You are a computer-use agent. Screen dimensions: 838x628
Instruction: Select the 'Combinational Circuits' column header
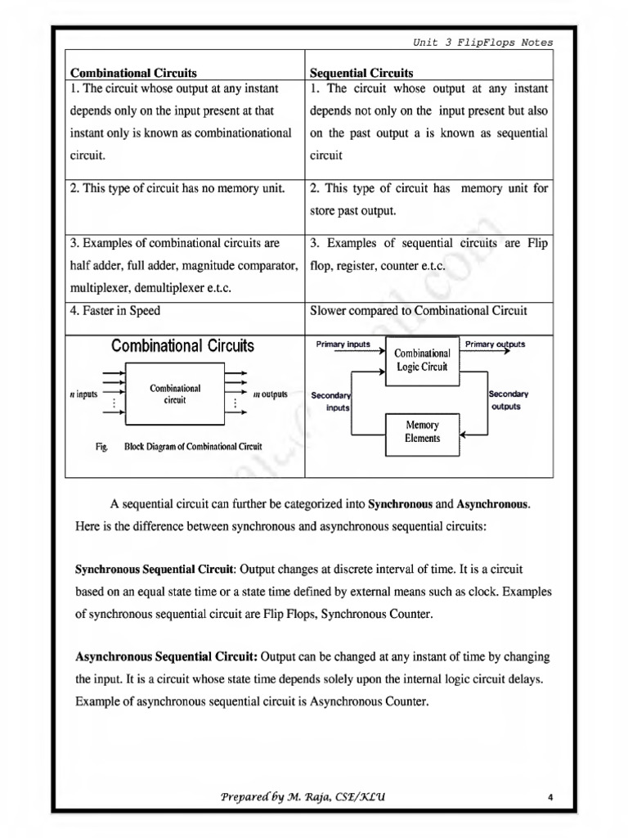click(133, 73)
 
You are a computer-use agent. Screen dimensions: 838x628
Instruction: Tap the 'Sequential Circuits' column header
click(361, 73)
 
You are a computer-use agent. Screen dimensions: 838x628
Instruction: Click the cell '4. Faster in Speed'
click(115, 310)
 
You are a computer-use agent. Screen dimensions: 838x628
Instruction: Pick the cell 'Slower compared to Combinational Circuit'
click(419, 310)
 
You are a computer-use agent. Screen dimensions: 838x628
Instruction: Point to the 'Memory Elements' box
click(422, 431)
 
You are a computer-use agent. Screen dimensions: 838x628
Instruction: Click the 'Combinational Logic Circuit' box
click(422, 360)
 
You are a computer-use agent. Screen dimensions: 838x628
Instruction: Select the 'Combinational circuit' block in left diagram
click(175, 394)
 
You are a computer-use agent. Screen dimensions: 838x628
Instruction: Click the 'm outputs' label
click(270, 394)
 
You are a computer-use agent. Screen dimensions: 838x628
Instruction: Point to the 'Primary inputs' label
click(343, 345)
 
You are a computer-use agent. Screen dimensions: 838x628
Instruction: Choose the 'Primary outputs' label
click(495, 345)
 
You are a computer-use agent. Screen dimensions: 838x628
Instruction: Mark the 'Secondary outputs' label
click(508, 400)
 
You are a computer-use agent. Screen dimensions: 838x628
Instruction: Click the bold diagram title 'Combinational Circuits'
click(182, 346)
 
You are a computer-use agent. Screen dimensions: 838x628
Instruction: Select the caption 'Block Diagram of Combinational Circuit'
click(193, 447)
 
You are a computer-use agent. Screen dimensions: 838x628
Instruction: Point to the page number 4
click(552, 798)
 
